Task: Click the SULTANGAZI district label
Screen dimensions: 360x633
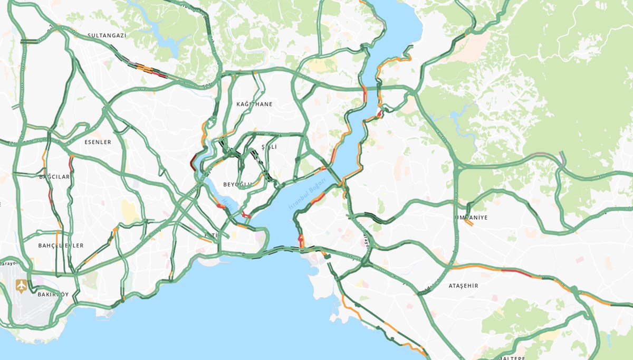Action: click(x=107, y=35)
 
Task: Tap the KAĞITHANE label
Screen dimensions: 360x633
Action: click(x=255, y=104)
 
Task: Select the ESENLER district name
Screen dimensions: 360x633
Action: click(x=98, y=142)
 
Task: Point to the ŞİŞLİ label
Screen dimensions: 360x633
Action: click(x=269, y=147)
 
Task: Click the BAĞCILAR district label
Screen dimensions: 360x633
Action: click(x=54, y=177)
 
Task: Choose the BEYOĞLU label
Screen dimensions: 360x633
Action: click(x=237, y=184)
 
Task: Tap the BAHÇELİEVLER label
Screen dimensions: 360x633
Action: click(x=61, y=245)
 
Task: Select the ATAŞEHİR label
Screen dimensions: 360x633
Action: click(x=463, y=286)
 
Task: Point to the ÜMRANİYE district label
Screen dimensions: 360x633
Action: click(x=471, y=217)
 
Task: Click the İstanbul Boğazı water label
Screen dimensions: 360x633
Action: click(x=308, y=195)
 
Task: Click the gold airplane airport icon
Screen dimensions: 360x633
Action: click(x=21, y=286)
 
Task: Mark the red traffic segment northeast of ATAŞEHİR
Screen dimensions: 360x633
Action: click(x=516, y=272)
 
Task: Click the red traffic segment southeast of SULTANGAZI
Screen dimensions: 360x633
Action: click(x=158, y=74)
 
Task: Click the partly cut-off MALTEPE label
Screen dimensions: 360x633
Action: click(x=507, y=357)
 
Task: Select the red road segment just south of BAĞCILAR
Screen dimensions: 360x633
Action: click(x=51, y=198)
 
